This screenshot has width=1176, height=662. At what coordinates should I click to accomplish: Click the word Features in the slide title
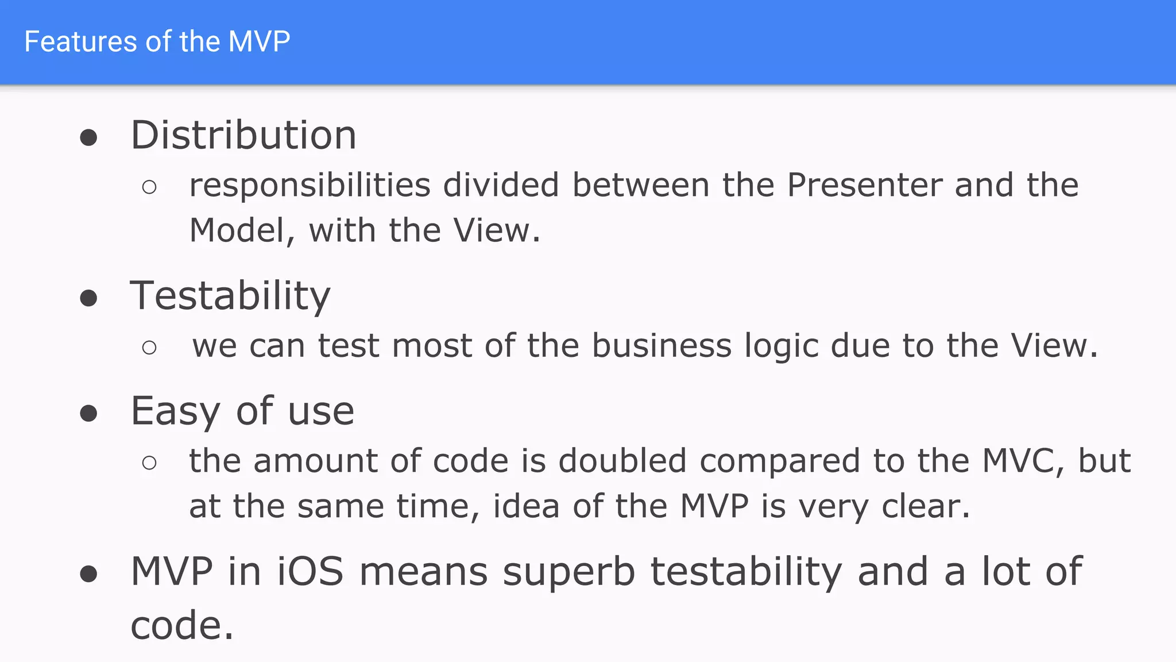(80, 42)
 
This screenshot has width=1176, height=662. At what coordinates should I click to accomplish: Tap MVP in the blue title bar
(259, 42)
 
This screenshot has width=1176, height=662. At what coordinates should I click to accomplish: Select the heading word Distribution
(243, 136)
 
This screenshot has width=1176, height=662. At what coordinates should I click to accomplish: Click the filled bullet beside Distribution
(88, 138)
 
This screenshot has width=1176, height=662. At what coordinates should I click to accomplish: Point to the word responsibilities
(310, 186)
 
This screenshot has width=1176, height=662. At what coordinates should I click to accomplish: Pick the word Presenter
(864, 186)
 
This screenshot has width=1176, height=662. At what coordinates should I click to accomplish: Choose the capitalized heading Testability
(230, 297)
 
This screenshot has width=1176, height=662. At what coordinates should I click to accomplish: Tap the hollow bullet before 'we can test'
(149, 347)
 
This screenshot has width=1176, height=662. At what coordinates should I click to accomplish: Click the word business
(661, 346)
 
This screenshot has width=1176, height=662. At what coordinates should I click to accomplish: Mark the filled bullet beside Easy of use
(88, 414)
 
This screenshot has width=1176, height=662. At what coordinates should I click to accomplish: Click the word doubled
(622, 461)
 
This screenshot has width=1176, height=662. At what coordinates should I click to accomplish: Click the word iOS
(310, 572)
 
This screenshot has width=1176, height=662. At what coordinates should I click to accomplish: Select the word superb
(568, 573)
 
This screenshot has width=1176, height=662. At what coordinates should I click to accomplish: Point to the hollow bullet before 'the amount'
(149, 463)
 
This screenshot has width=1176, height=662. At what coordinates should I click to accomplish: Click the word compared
(780, 462)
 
